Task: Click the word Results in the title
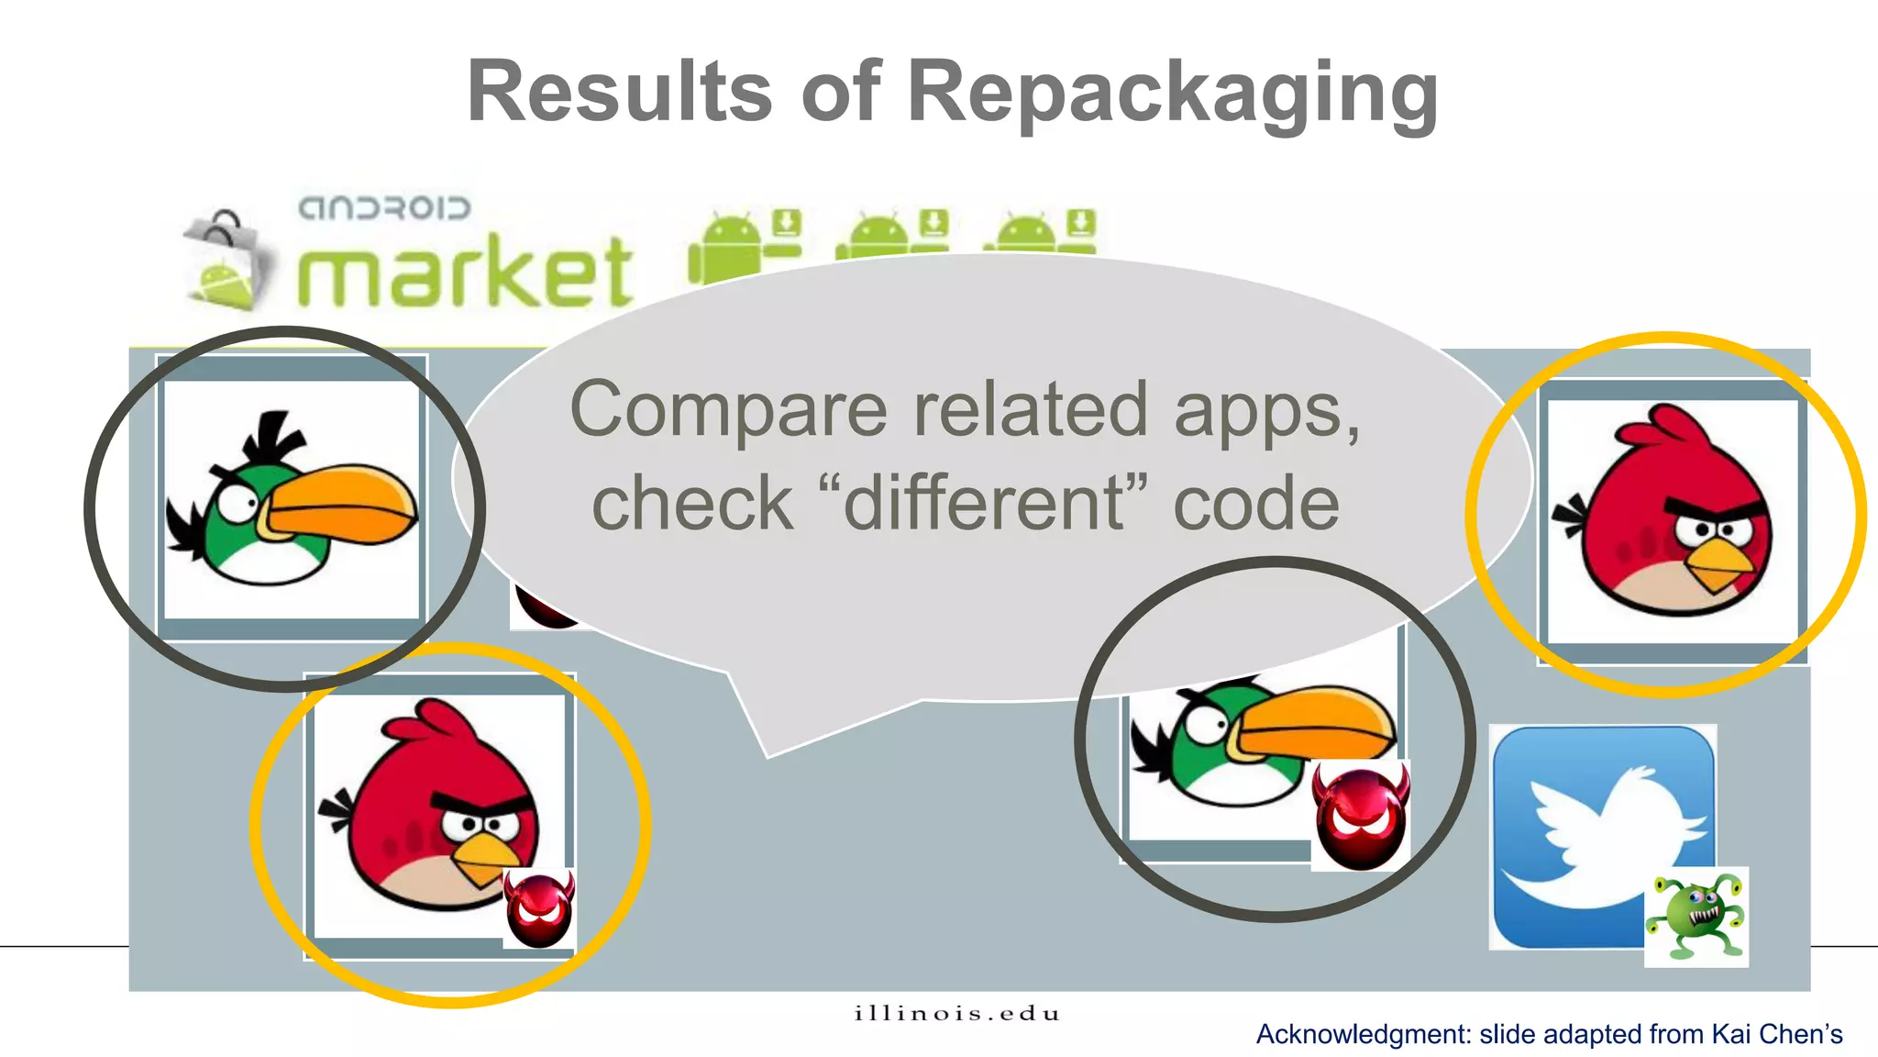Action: pyautogui.click(x=620, y=92)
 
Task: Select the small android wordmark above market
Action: pyautogui.click(x=384, y=208)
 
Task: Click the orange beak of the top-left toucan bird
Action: pyautogui.click(x=344, y=506)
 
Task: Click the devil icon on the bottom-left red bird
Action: pyautogui.click(x=539, y=908)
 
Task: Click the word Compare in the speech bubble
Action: pyautogui.click(x=729, y=410)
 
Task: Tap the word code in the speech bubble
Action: pyautogui.click(x=1256, y=504)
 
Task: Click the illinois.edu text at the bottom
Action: pyautogui.click(x=956, y=1014)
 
